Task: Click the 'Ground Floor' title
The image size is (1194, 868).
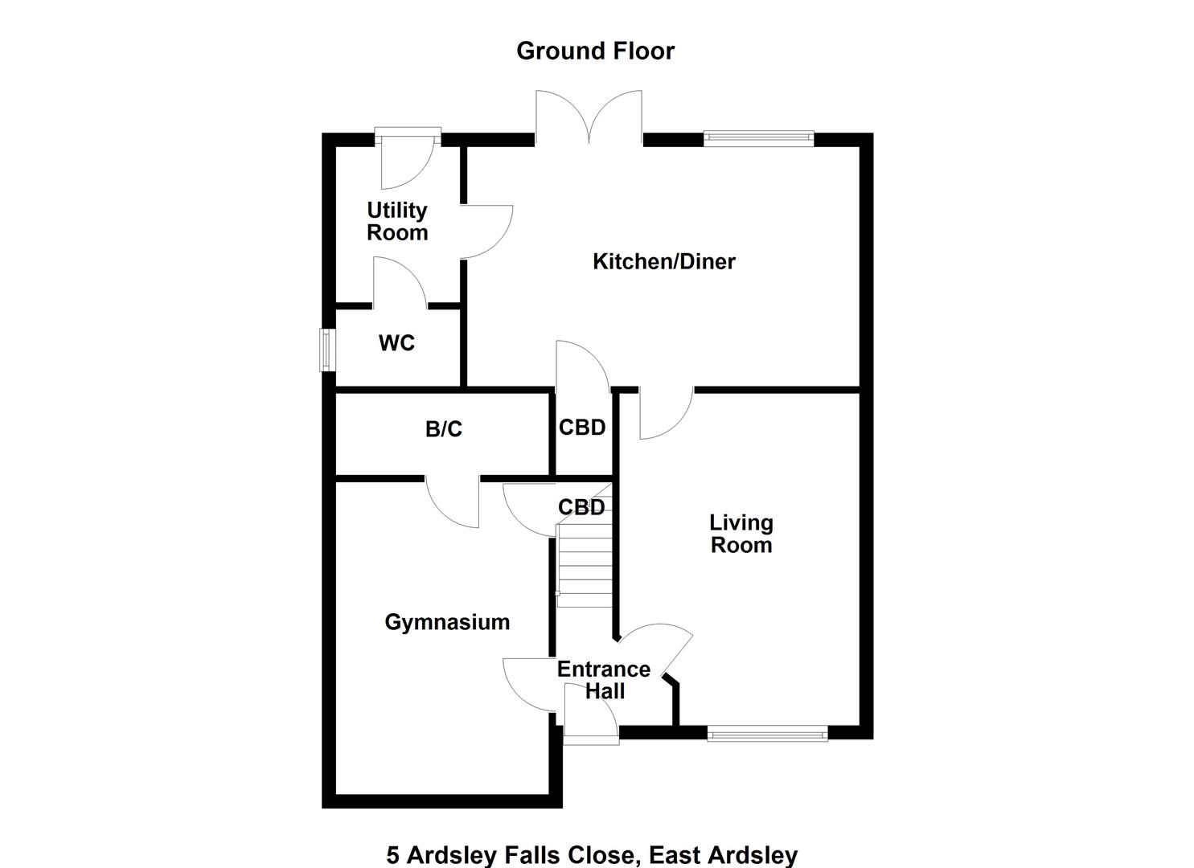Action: tap(595, 51)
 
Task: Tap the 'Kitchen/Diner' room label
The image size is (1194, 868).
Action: tap(663, 261)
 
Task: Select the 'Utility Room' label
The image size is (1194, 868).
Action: tap(397, 221)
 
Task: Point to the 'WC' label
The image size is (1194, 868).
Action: tap(396, 343)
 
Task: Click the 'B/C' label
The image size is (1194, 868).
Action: tap(443, 429)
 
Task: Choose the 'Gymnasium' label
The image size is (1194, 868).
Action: tap(447, 622)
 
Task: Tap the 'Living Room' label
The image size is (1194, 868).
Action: tap(741, 534)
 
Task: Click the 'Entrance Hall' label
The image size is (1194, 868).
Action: tap(604, 680)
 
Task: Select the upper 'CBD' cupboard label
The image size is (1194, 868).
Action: tap(581, 428)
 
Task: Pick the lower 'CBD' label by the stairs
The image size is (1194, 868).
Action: tap(581, 507)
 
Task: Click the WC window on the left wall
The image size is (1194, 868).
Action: tap(326, 350)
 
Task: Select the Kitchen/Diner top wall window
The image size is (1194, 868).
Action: tap(758, 138)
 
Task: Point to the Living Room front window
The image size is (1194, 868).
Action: tap(767, 733)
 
